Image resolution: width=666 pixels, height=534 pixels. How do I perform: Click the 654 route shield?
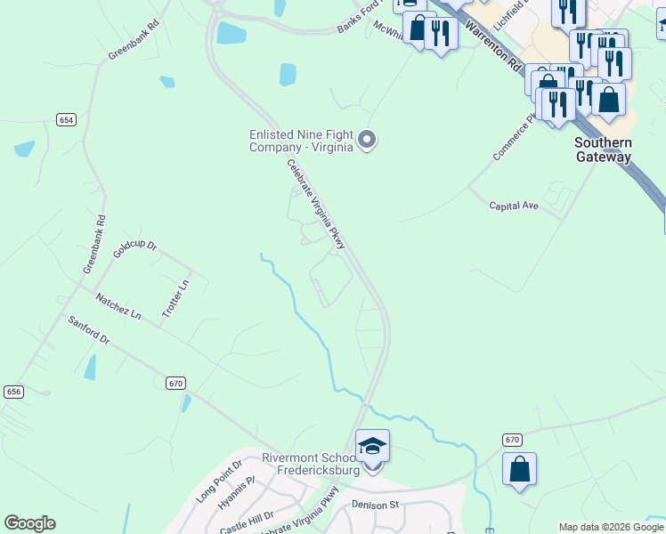65,120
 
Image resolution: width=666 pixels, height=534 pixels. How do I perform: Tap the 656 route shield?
13,392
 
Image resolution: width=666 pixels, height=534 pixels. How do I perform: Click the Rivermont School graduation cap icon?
372,446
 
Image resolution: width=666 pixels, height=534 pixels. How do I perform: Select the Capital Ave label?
514,206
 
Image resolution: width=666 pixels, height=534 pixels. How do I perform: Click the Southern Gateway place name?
603,150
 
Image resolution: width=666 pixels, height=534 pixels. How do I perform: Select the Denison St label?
375,505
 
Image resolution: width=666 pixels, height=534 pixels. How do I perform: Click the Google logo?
29,523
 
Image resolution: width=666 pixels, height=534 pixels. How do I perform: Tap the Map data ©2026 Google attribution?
611,527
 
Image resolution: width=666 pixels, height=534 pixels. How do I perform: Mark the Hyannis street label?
237,492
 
